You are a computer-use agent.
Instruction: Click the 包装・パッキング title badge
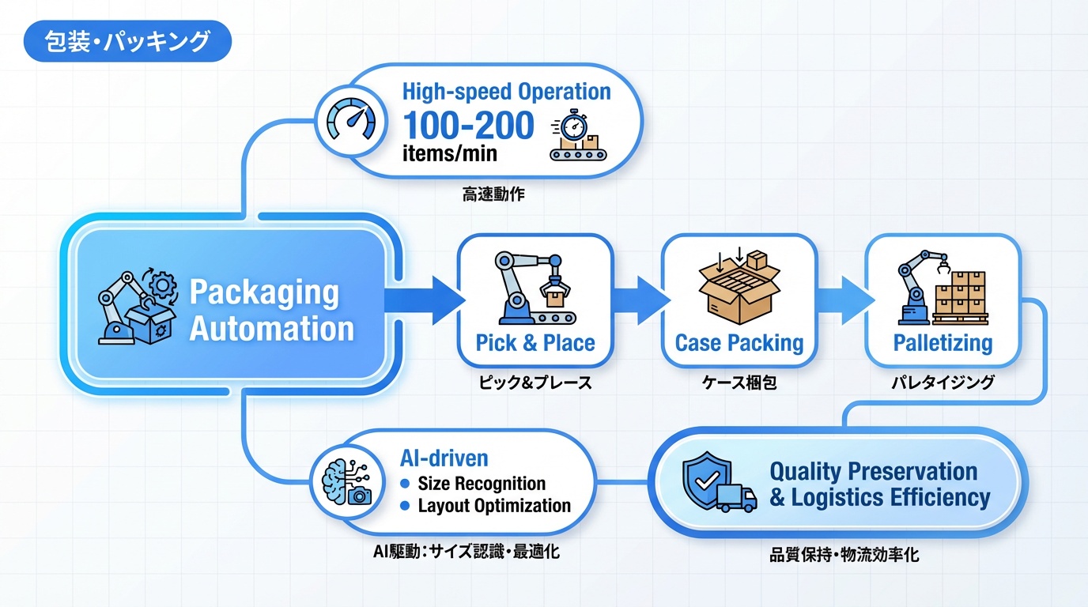[127, 42]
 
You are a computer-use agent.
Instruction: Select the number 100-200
[468, 126]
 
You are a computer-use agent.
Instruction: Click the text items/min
[450, 152]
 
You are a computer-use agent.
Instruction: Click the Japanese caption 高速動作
[493, 194]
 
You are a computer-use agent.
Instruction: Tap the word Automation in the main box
[272, 328]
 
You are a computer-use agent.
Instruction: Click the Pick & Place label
[535, 343]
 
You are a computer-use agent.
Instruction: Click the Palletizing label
[943, 343]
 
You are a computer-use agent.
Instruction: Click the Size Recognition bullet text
[482, 484]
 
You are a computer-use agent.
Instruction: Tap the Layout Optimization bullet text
[494, 506]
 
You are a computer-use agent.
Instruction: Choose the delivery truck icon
[736, 499]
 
